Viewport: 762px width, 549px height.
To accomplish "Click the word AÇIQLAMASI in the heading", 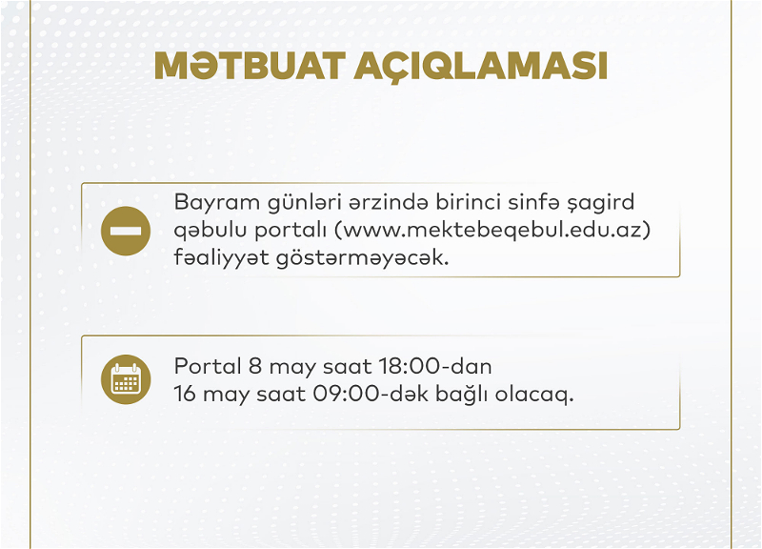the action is (x=481, y=67).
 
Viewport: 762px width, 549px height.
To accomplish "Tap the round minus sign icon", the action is (x=126, y=231).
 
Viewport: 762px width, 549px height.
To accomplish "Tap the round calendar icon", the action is (x=126, y=379).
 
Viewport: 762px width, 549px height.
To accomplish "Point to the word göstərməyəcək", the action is (x=363, y=257).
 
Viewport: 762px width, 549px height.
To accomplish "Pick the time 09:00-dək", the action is (x=371, y=394).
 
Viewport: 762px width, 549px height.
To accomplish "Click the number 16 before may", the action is (x=185, y=394).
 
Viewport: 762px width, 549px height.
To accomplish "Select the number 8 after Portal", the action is (x=255, y=366).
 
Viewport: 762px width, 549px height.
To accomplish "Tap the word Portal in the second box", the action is (x=208, y=366).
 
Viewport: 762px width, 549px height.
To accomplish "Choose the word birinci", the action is (x=468, y=202).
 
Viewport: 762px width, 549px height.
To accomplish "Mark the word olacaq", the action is (x=534, y=395).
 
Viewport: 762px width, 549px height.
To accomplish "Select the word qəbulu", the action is (x=211, y=231).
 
